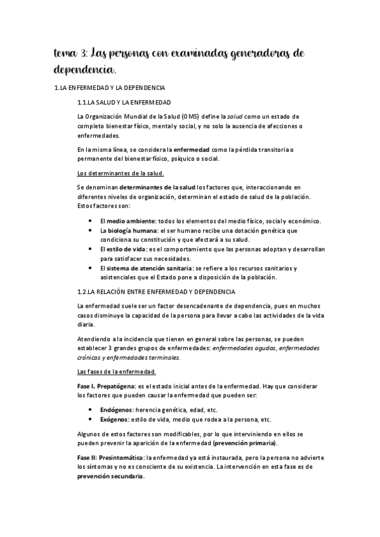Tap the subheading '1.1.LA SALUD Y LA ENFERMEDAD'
click(x=124, y=102)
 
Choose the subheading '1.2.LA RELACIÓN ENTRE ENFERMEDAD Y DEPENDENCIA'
click(x=155, y=291)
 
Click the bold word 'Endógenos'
click(x=121, y=410)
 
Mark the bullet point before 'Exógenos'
click(x=93, y=419)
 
